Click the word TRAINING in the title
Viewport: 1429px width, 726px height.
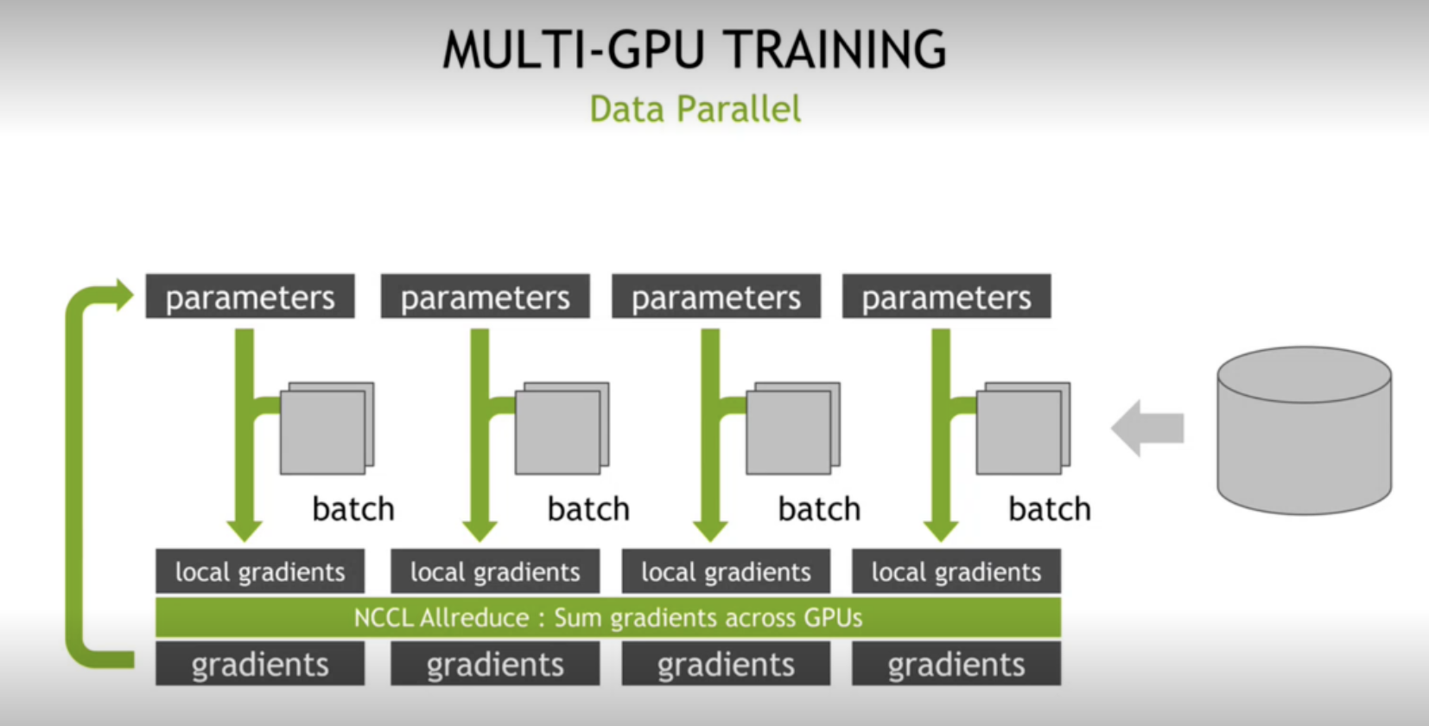click(835, 49)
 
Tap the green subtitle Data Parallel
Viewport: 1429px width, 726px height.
click(695, 110)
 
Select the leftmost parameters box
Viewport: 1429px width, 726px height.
click(250, 296)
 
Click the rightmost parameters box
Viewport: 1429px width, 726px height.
click(946, 296)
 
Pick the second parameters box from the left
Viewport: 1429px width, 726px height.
click(485, 296)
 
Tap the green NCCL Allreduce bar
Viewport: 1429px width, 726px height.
click(607, 617)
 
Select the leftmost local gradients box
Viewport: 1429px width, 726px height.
click(260, 571)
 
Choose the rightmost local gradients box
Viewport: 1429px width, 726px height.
click(956, 571)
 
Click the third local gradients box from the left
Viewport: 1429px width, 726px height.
click(726, 571)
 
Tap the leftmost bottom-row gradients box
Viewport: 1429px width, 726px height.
click(260, 664)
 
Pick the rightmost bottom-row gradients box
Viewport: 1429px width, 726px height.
click(956, 664)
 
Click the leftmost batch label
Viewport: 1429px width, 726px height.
click(352, 509)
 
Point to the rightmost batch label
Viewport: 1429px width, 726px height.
click(1049, 509)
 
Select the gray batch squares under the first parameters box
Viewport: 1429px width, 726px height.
click(326, 429)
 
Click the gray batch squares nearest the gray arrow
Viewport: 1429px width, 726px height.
click(1022, 429)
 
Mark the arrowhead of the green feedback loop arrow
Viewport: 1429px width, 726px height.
click(124, 296)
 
